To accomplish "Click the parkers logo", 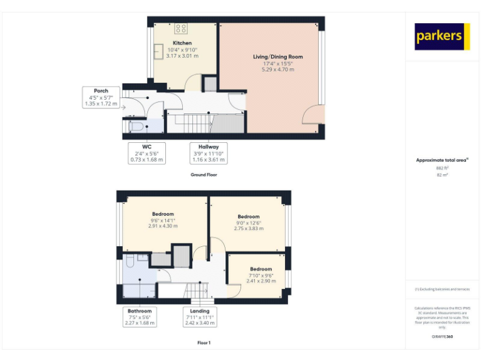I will pos(442,36).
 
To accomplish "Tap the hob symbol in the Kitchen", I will pos(181,28).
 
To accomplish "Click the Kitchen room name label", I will pos(182,43).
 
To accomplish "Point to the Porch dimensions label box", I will pos(100,97).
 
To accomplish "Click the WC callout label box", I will pos(147,153).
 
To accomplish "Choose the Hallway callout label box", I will pos(207,153).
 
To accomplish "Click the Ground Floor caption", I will pos(204,175).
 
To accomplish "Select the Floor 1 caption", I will pos(204,343).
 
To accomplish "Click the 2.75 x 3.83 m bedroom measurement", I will pos(249,229).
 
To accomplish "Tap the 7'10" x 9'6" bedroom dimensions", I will pos(261,275).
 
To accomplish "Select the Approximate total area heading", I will pos(442,160).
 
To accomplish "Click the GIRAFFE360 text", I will pos(442,337).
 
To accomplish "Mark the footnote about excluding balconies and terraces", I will pos(442,289).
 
